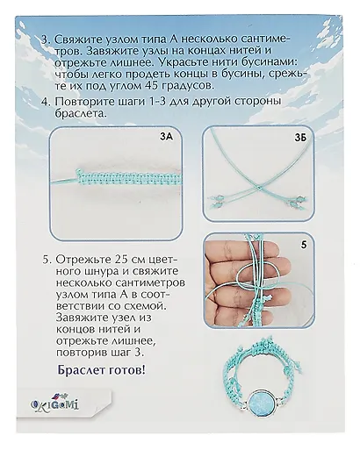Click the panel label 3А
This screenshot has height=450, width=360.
pyautogui.click(x=167, y=136)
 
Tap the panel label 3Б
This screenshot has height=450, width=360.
pyautogui.click(x=300, y=138)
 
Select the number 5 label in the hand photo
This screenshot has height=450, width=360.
pyautogui.click(x=304, y=245)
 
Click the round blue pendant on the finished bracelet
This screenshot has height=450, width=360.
pyautogui.click(x=262, y=402)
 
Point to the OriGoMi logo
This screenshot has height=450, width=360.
pyautogui.click(x=54, y=404)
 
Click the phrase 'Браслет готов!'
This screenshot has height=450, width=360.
pyautogui.click(x=101, y=370)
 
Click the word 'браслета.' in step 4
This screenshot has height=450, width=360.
pyautogui.click(x=80, y=113)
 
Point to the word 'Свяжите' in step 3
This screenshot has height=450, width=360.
pyautogui.click(x=76, y=39)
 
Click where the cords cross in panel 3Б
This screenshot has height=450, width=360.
pyautogui.click(x=260, y=186)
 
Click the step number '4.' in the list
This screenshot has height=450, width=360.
pyautogui.click(x=47, y=103)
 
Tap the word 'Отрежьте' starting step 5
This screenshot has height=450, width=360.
pyautogui.click(x=80, y=260)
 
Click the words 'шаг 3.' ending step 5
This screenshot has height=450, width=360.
pyautogui.click(x=127, y=353)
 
